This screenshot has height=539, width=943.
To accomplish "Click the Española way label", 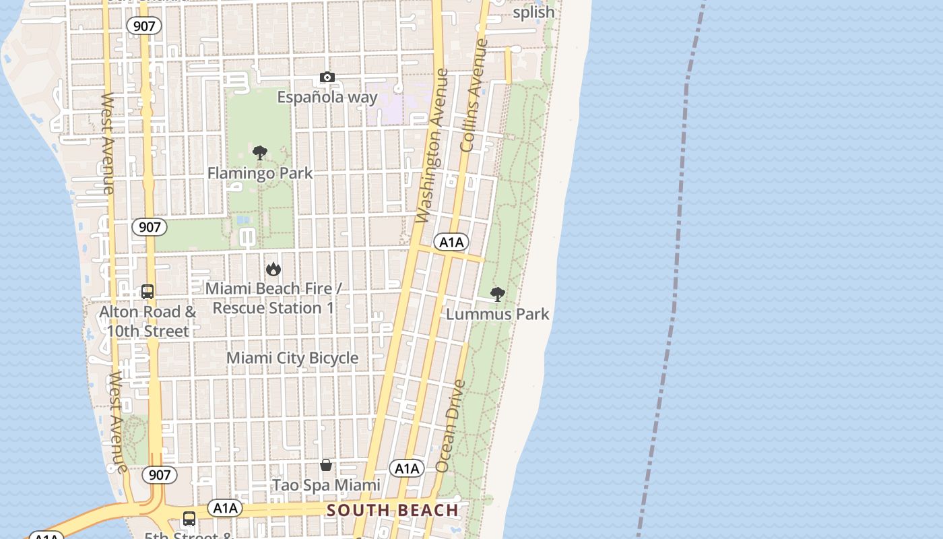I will pyautogui.click(x=327, y=97).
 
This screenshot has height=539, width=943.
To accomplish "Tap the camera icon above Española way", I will pyautogui.click(x=327, y=77).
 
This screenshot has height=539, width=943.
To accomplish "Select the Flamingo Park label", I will pyautogui.click(x=260, y=173).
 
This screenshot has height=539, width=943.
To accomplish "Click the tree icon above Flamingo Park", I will pyautogui.click(x=260, y=153).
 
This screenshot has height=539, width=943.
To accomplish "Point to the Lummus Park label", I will pyautogui.click(x=498, y=314).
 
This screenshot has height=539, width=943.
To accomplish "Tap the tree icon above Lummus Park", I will pyautogui.click(x=498, y=294).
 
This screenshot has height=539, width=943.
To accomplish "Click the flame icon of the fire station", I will pyautogui.click(x=273, y=269).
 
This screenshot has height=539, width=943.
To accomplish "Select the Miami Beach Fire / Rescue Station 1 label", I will pyautogui.click(x=273, y=298).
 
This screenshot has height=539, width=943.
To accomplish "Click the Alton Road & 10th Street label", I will pyautogui.click(x=148, y=321).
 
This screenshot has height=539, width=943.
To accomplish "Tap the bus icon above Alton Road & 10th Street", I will pyautogui.click(x=148, y=292).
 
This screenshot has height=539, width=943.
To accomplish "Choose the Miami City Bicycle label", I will pyautogui.click(x=292, y=358).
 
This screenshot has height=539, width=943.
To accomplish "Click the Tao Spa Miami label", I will pyautogui.click(x=326, y=485).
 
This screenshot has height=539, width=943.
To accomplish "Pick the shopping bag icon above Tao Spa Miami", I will pyautogui.click(x=326, y=465).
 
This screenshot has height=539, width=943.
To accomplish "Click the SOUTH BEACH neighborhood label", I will pyautogui.click(x=393, y=510).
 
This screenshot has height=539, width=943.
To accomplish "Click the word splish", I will pyautogui.click(x=533, y=12).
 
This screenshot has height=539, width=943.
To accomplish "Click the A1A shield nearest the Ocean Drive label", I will pyautogui.click(x=407, y=468).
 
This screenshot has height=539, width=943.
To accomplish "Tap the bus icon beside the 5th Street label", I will pyautogui.click(x=189, y=519).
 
